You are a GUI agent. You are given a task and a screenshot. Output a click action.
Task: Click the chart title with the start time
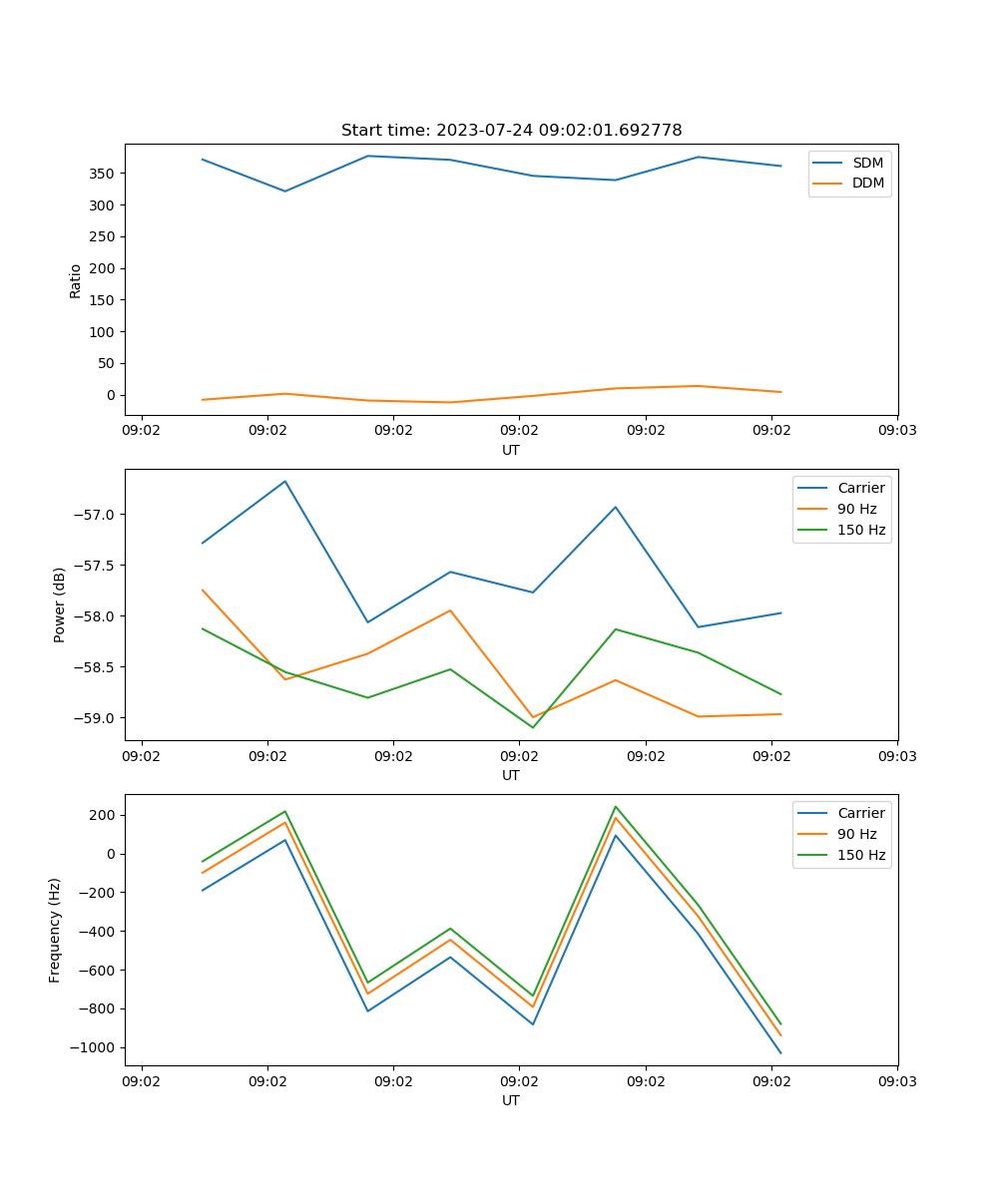[x=511, y=131]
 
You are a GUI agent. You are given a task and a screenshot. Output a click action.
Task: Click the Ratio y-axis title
[x=75, y=279]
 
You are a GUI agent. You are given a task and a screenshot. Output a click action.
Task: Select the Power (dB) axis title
[x=60, y=604]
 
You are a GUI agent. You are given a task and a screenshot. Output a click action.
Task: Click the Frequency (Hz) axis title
[x=55, y=930]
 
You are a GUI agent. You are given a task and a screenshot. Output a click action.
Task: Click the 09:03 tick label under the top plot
[x=897, y=431]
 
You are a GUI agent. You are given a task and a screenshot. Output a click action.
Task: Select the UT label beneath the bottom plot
[x=511, y=1100]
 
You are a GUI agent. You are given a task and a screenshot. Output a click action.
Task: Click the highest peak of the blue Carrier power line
[x=285, y=481]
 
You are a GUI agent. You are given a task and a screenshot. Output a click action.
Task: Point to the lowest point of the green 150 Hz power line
[x=533, y=727]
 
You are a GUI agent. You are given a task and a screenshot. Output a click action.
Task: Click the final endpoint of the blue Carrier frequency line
[x=780, y=1052]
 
